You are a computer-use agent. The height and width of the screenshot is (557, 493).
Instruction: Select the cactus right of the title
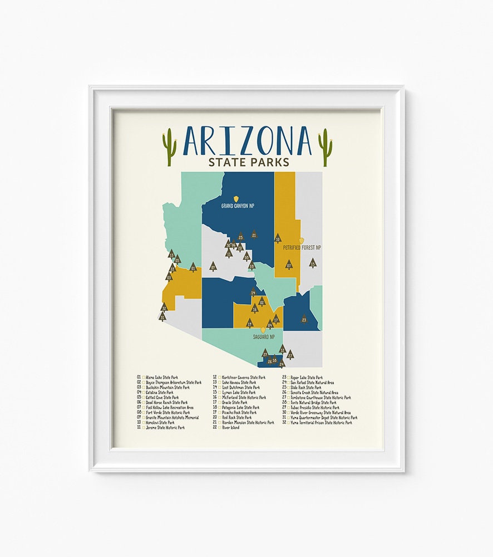coord(324,147)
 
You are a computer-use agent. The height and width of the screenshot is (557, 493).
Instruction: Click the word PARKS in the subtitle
coord(269,162)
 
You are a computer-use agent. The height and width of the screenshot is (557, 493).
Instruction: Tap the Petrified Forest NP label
coord(302,247)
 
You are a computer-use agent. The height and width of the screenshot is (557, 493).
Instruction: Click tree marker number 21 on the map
coord(254,235)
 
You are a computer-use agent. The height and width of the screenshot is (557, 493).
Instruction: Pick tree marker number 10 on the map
coord(278,238)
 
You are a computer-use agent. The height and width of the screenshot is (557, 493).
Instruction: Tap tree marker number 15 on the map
coord(312,263)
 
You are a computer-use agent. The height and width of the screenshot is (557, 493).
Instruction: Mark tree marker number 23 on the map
coord(304,319)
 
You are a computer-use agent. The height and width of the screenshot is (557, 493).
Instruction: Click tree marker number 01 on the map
coord(193,267)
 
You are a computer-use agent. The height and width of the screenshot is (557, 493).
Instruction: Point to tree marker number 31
coord(162,316)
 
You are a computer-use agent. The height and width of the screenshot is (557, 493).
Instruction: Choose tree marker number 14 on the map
coord(253,292)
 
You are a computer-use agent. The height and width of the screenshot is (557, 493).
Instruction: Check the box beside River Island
coord(220,428)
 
